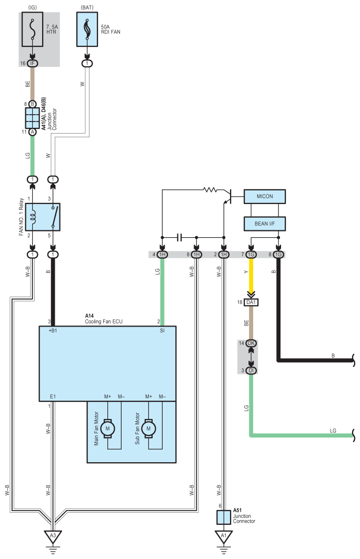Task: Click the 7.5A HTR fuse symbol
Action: click(x=33, y=29)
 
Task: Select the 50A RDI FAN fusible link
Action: click(x=87, y=29)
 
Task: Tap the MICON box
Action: click(x=264, y=197)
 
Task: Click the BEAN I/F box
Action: click(x=264, y=224)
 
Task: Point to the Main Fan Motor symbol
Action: click(x=107, y=428)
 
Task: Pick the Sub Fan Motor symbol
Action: click(x=148, y=428)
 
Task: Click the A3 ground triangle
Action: click(x=53, y=536)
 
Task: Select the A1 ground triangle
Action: click(x=224, y=536)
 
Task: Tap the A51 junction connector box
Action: click(x=224, y=517)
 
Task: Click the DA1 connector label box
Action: click(x=251, y=302)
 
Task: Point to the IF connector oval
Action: click(x=33, y=64)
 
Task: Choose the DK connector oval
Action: click(x=251, y=343)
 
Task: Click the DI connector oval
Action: click(x=251, y=370)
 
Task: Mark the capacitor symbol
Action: click(x=179, y=238)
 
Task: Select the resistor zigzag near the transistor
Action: click(x=210, y=190)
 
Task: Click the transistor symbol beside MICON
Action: click(x=228, y=197)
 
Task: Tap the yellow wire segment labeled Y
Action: click(x=251, y=276)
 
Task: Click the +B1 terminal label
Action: click(x=53, y=330)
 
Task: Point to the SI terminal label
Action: click(x=162, y=330)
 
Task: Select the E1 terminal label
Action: click(x=53, y=397)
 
